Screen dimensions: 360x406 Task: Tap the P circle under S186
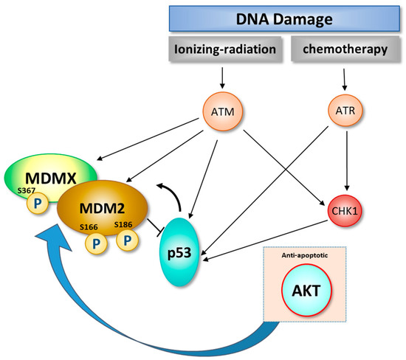point(128,240)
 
